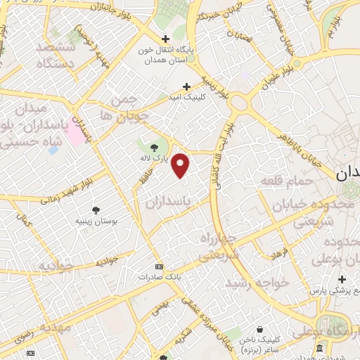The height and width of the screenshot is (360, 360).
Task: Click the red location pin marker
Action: coord(181,165)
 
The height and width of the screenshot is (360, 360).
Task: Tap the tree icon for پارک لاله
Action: coord(155,147)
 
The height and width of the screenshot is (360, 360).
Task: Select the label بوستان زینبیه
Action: coord(95,221)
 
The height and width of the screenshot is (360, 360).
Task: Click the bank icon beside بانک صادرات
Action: coord(159,266)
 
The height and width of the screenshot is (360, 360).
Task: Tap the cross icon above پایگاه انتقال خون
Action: coord(165,39)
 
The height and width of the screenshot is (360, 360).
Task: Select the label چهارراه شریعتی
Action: coord(219,246)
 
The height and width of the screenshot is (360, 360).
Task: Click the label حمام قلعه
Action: coord(285,182)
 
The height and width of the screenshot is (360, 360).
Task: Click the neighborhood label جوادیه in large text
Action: coord(56,266)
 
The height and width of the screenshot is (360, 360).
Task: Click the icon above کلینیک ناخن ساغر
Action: coord(259,328)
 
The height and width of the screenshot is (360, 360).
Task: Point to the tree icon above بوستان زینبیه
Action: coord(96,210)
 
